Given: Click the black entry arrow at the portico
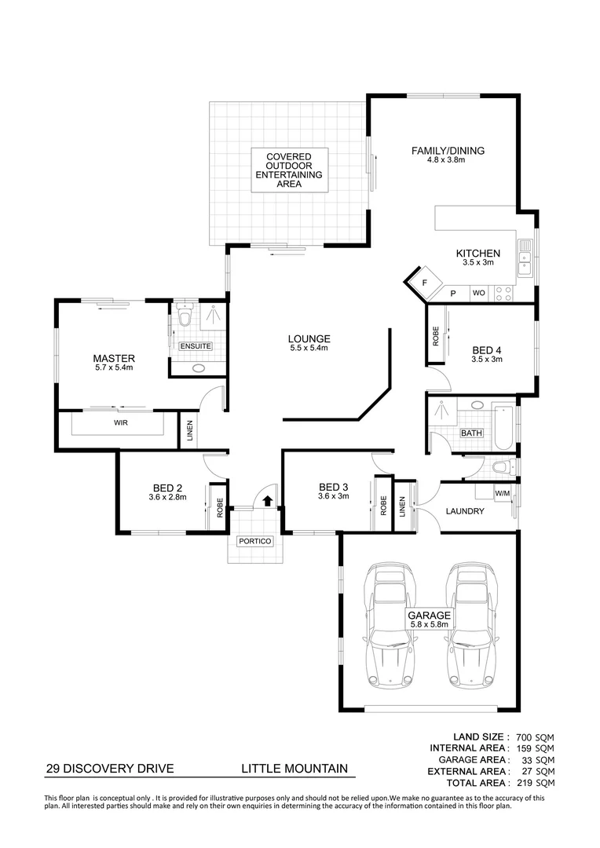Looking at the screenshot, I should pos(268,499).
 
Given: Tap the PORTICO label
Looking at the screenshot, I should pos(254,542).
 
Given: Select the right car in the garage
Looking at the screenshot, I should pos(469,625).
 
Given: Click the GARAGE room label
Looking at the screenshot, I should pos(428,616).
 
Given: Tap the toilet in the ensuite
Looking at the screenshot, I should pos(184,316).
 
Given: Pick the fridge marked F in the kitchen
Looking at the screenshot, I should pos(423,282).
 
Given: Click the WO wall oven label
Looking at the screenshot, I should pos(477,293).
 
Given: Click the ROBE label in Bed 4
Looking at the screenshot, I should pos(436,337).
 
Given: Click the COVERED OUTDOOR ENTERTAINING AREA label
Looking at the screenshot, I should pos(288,170).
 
